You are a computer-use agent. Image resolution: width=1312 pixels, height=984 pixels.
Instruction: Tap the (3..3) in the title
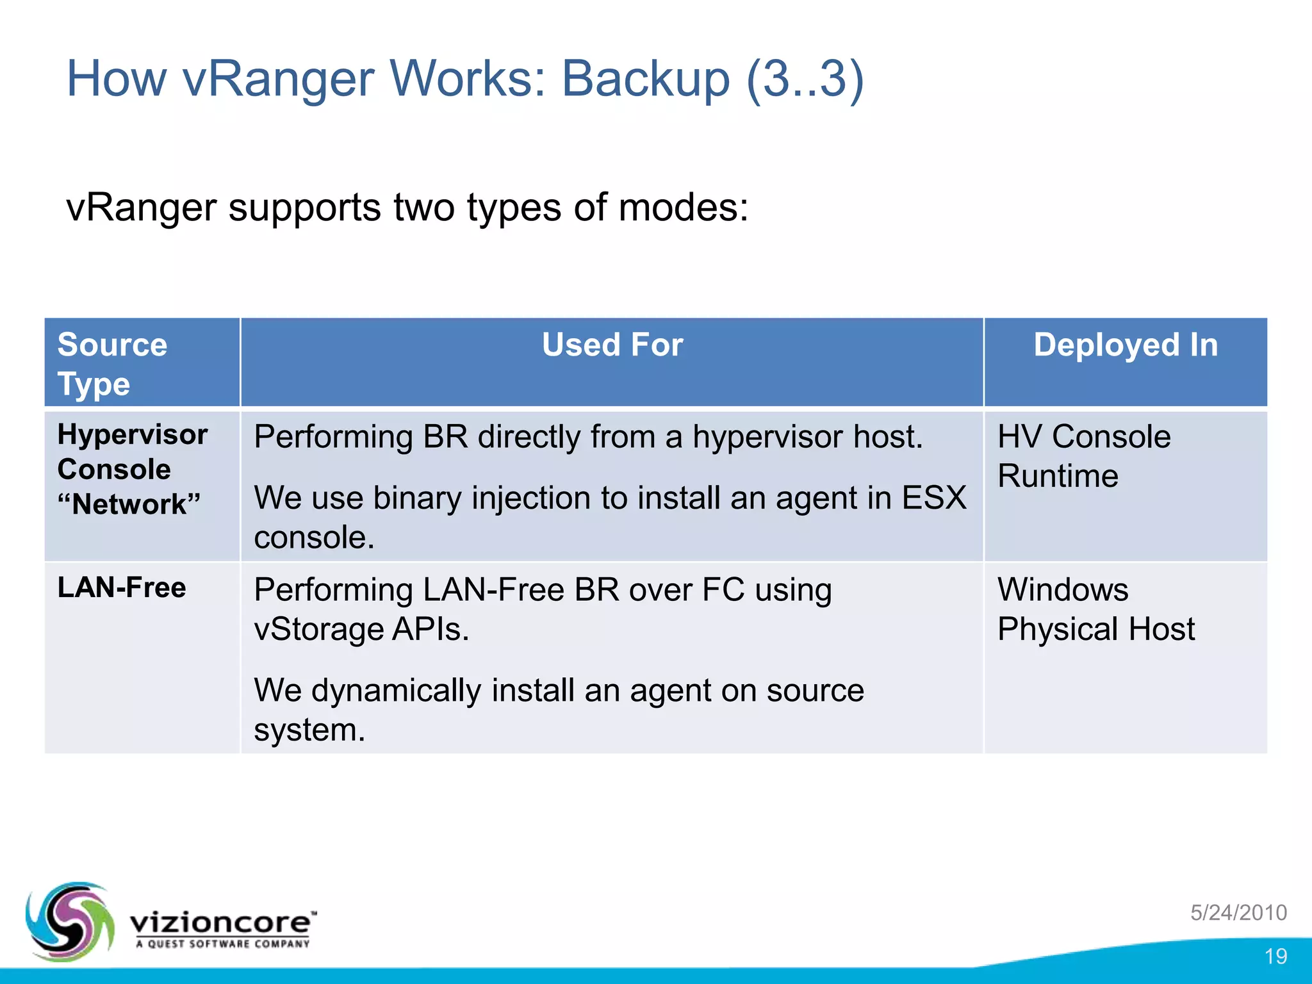click(x=805, y=79)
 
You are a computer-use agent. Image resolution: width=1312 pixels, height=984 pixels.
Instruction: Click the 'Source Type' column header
click(x=112, y=363)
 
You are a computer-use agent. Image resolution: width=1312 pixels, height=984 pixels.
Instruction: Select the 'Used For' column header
click(x=612, y=345)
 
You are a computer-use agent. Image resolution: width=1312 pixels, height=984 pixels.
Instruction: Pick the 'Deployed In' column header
click(x=1125, y=345)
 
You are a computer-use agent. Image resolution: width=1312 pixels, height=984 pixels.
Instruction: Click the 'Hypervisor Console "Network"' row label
click(x=132, y=469)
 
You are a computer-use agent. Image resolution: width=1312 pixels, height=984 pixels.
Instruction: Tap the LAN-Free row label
click(x=122, y=587)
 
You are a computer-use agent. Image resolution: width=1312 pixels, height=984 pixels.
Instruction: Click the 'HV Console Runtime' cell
click(x=1084, y=456)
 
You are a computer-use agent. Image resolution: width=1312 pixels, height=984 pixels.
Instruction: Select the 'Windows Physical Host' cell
click(x=1095, y=609)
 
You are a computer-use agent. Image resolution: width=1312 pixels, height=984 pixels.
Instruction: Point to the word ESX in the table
click(x=934, y=498)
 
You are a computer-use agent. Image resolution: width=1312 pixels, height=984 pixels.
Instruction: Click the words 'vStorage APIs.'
click(x=361, y=629)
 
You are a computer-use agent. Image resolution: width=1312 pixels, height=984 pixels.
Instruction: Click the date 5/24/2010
click(x=1238, y=912)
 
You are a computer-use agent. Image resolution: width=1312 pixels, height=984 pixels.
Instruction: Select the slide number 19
click(x=1275, y=956)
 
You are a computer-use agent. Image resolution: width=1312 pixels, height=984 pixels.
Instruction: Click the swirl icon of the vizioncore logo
click(x=69, y=921)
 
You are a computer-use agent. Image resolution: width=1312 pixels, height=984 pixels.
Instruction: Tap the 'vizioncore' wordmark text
click(x=221, y=922)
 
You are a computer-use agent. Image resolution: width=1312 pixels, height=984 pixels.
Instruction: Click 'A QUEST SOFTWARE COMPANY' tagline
click(x=222, y=944)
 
